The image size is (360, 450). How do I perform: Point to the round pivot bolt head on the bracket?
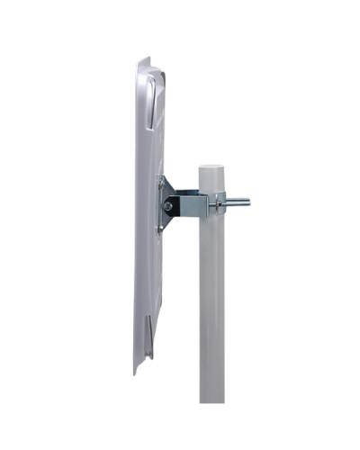click(x=167, y=206)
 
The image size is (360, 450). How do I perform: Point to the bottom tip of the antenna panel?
click(x=137, y=371)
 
